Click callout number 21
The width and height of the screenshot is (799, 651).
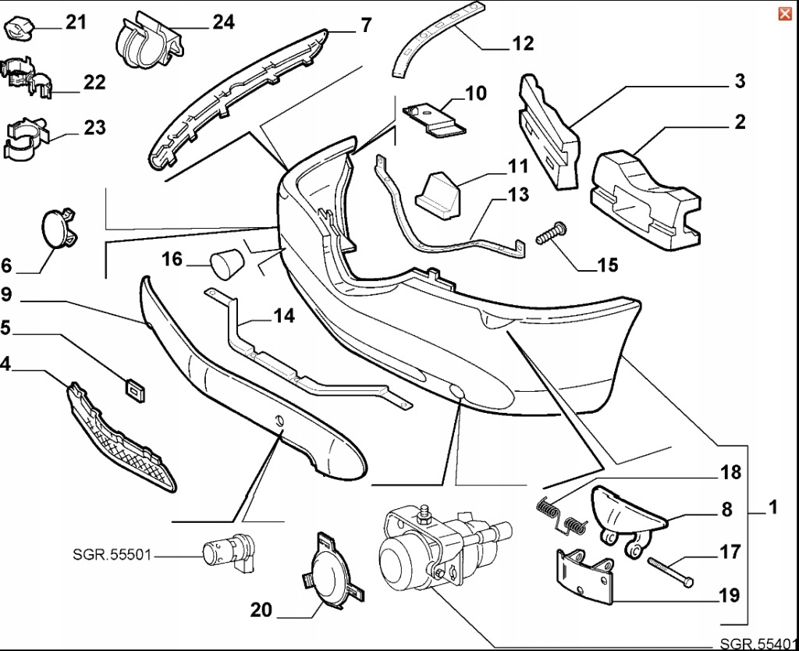tap(76, 22)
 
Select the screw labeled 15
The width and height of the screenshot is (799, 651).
tap(552, 233)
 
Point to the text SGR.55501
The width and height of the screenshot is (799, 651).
tap(112, 555)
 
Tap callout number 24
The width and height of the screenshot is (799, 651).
tap(223, 22)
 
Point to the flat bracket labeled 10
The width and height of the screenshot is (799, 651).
tap(433, 119)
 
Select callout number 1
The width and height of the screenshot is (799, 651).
tap(772, 507)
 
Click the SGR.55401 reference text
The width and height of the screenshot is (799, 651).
tap(756, 644)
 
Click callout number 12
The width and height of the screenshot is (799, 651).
tap(523, 43)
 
